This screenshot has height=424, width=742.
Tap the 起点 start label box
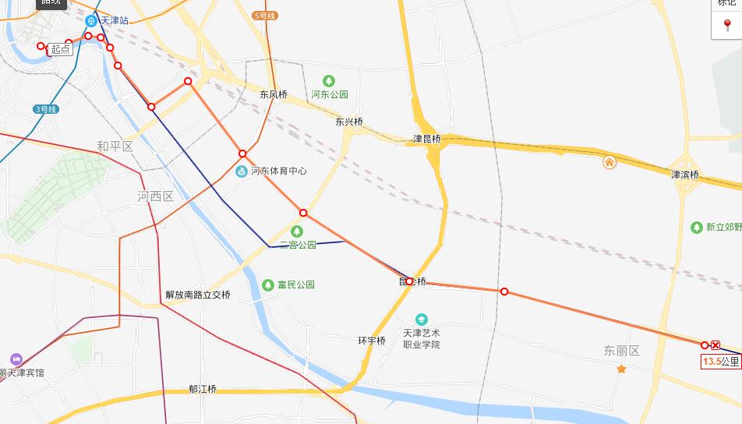coord(60,49)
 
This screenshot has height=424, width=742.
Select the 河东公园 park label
coord(330,94)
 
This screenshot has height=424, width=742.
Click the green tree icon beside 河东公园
coord(329,80)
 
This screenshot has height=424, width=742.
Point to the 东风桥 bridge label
coord(274,94)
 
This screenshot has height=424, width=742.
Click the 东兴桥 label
coord(349,122)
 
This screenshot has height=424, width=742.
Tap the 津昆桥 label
coord(426,140)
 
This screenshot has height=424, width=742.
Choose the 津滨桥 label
coord(685,175)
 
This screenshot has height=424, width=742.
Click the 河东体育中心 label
coord(278,171)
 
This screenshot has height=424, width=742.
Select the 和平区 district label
coord(115,147)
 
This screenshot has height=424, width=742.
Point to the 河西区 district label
coord(155,196)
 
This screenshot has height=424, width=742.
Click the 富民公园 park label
coord(295,285)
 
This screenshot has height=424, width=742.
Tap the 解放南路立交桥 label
coord(198,295)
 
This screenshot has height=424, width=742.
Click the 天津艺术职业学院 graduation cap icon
coord(421,320)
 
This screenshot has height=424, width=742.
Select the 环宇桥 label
coord(372,341)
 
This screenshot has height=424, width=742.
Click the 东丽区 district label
coord(621,351)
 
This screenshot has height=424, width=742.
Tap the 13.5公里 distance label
coord(720,362)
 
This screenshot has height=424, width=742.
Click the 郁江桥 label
coord(202,389)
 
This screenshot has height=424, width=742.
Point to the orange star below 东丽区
coord(621,369)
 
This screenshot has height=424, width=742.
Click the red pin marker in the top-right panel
coord(727,26)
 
